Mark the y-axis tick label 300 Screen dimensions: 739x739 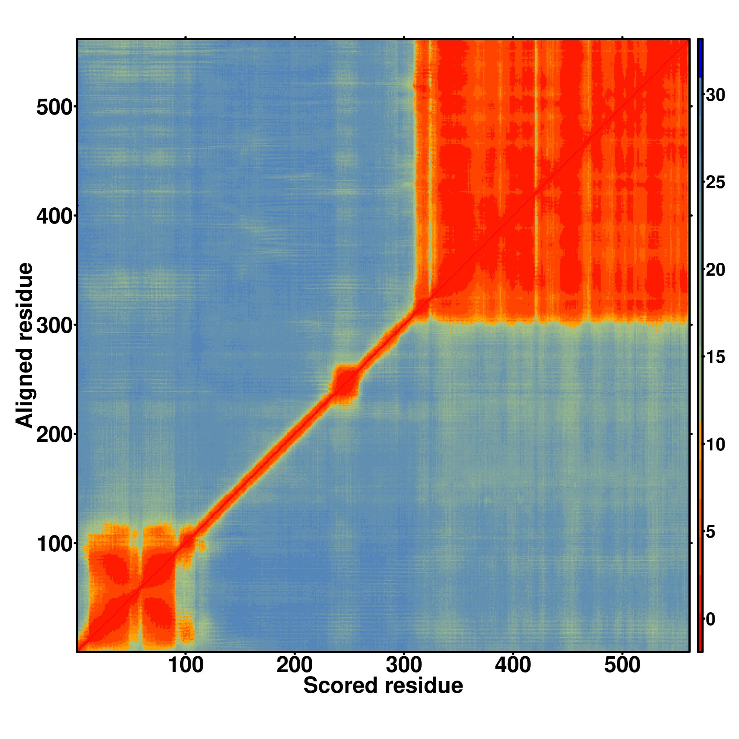tap(54, 326)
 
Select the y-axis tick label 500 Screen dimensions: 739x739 tap(54, 108)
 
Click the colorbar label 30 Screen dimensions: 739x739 tap(715, 95)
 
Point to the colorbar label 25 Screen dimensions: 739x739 tap(715, 183)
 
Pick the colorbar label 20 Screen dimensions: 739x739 tap(715, 270)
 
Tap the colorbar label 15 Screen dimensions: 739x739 tap(715, 357)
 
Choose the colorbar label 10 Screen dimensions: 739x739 tap(715, 445)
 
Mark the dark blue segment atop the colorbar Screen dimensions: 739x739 tap(700, 58)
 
